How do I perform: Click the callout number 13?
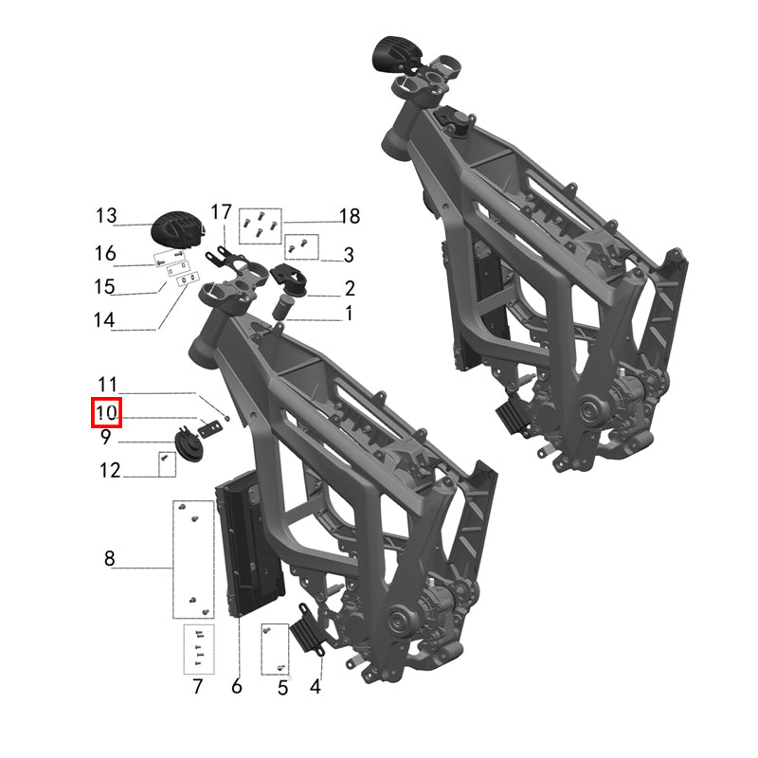click(x=105, y=216)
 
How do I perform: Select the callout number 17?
click(x=221, y=210)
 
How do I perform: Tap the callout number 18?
click(x=349, y=217)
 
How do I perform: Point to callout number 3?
click(x=349, y=255)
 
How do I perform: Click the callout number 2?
click(x=349, y=288)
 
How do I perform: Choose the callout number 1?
click(x=349, y=313)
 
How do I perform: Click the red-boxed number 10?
click(x=105, y=414)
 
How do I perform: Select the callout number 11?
click(x=107, y=385)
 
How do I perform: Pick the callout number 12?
click(x=109, y=469)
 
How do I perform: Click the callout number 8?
click(x=109, y=559)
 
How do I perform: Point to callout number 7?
click(x=197, y=687)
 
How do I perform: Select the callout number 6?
click(x=237, y=687)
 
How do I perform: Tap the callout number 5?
click(x=281, y=687)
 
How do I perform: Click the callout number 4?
click(x=316, y=687)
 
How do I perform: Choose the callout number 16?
click(x=105, y=253)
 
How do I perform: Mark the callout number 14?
click(x=105, y=320)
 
